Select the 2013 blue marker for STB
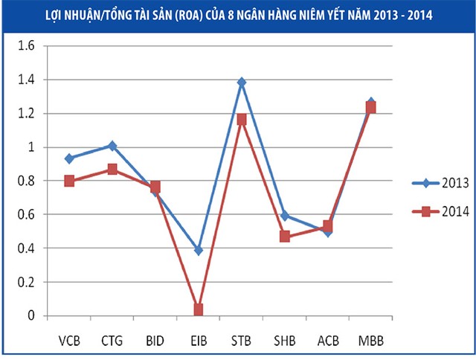242,82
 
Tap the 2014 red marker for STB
242,119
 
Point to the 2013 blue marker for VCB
69,158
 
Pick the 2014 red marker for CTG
112,170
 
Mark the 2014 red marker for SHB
284,237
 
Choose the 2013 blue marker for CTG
112,146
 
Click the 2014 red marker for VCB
69,181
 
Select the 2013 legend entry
439,181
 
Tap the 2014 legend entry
439,211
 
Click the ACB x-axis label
327,341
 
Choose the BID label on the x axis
155,341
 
